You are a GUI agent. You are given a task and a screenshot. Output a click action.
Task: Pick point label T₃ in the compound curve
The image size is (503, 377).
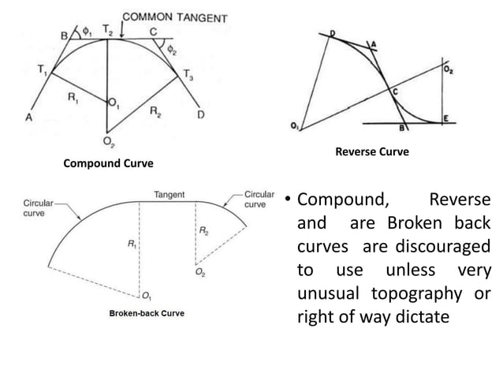click(x=188, y=74)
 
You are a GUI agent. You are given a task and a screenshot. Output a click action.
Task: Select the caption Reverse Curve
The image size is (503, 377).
click(x=372, y=151)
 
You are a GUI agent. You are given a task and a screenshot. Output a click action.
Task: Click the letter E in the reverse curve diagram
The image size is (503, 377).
click(x=445, y=118)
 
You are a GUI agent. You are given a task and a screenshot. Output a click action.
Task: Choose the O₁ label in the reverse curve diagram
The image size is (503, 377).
click(x=294, y=125)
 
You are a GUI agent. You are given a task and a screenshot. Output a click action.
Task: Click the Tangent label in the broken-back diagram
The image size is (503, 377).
click(x=170, y=193)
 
